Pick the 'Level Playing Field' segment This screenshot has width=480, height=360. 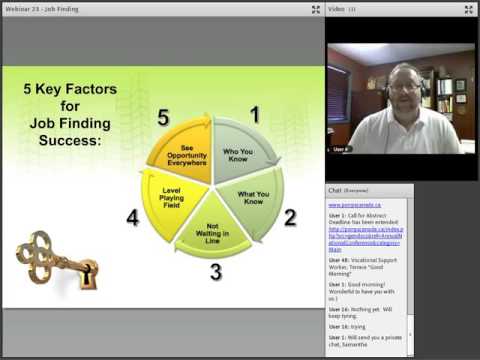(x=172, y=198)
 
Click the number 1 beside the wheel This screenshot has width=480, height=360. (x=254, y=116)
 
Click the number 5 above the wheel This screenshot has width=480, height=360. (x=162, y=118)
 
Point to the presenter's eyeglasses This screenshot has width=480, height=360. (x=405, y=87)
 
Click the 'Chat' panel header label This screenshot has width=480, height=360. (x=338, y=188)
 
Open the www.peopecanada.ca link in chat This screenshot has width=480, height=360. (x=352, y=204)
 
